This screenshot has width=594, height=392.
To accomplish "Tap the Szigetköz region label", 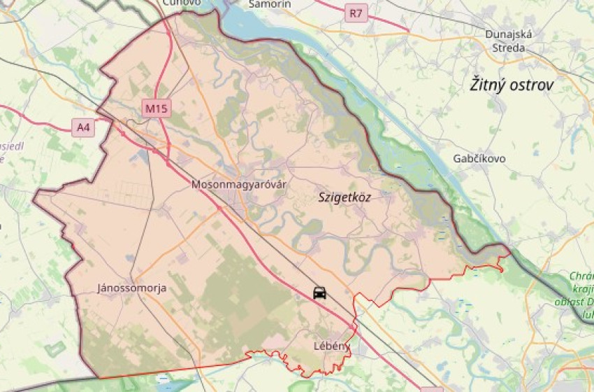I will pos(345,197).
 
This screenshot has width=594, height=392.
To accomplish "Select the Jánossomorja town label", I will pos(132,288).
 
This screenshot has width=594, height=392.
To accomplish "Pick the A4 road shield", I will pos(83,127).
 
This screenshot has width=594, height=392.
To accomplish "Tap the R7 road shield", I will pos(356,12).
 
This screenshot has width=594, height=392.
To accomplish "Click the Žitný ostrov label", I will pos(512,85).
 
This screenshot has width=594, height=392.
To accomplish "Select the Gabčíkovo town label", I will pos(479,158).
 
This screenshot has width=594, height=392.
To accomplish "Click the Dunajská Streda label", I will pos(509,41).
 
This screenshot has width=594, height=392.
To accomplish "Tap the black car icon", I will pos(319,293).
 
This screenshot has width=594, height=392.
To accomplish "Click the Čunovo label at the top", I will pos(181,3).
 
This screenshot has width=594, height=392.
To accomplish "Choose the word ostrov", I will pos(532,85).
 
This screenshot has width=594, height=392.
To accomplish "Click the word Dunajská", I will pos(509,34).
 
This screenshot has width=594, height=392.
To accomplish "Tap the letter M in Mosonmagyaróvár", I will pos(195,185).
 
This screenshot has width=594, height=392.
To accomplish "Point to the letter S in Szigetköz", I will pos(321,197).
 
